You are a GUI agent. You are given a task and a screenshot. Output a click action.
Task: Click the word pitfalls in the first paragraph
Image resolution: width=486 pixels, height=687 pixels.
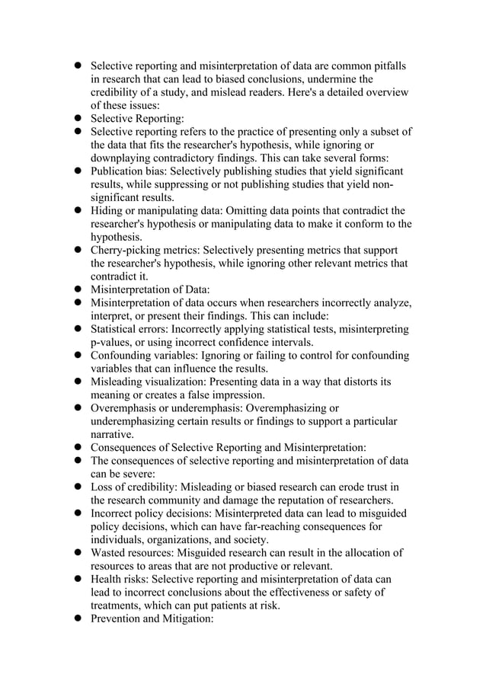(x=388, y=66)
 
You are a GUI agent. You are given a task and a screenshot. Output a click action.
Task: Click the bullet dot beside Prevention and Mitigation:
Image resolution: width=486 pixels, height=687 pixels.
(x=78, y=619)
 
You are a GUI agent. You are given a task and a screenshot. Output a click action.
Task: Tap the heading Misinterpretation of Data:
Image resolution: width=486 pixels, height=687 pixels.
(x=150, y=289)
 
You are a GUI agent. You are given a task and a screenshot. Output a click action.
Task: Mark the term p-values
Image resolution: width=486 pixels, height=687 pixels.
(x=113, y=342)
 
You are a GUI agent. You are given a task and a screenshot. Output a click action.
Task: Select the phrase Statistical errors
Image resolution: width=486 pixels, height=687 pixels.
(x=129, y=329)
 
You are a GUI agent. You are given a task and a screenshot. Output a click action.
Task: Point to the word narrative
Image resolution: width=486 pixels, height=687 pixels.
(x=112, y=434)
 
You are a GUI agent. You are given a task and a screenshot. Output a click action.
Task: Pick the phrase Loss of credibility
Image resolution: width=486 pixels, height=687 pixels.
(x=135, y=487)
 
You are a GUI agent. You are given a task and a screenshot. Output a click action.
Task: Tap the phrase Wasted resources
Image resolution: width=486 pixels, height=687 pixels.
(x=133, y=553)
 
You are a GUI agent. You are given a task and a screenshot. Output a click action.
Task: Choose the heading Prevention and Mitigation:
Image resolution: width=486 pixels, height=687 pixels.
(x=152, y=619)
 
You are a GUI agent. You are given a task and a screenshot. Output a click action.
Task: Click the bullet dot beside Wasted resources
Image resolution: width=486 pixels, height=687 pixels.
(x=78, y=553)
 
